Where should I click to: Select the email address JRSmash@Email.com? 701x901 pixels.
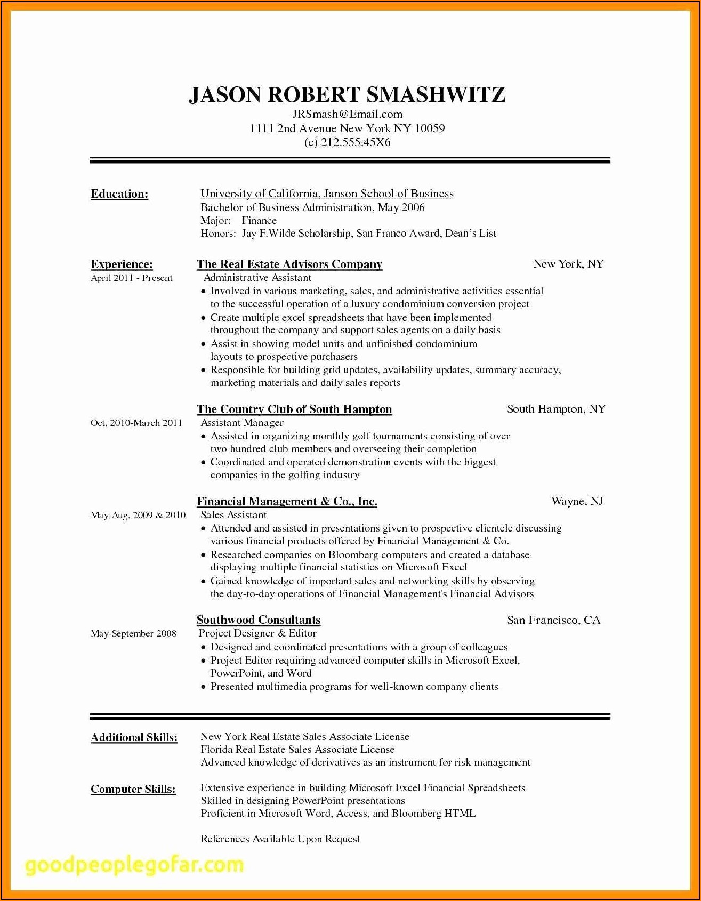tap(347, 114)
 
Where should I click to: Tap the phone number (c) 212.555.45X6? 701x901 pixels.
tap(347, 142)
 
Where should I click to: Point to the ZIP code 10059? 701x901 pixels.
tap(429, 128)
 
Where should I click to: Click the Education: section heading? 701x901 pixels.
tap(119, 194)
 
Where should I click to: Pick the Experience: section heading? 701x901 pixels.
tap(122, 264)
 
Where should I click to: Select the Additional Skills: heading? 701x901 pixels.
tap(134, 737)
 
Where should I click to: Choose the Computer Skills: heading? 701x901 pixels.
tap(133, 789)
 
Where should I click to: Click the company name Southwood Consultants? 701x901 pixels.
tap(259, 620)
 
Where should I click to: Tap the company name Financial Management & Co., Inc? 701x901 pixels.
tap(287, 502)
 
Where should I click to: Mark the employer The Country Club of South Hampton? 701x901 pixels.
tap(294, 409)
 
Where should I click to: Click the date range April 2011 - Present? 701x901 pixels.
tap(132, 278)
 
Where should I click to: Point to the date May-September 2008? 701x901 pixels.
tap(133, 634)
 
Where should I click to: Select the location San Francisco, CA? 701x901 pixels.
tap(553, 620)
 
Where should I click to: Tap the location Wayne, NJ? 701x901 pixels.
tap(577, 501)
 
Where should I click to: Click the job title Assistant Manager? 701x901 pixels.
tap(242, 423)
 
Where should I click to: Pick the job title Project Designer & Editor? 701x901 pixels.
tap(258, 633)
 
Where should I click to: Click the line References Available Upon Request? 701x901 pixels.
tap(280, 839)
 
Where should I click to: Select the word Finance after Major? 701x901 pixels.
tap(259, 221)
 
